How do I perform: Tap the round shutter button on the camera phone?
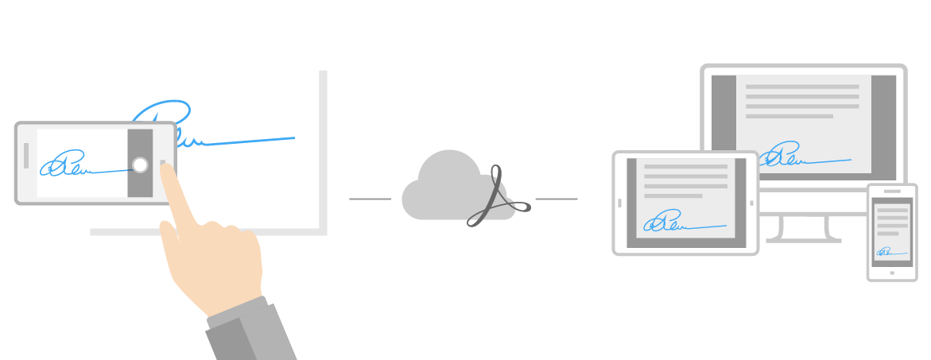click(x=140, y=165)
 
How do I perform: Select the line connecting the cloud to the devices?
click(x=557, y=199)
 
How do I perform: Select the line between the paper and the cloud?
click(x=370, y=199)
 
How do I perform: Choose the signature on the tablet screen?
click(x=672, y=223)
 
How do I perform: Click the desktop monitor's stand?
click(x=799, y=229)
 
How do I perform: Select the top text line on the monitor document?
click(x=801, y=87)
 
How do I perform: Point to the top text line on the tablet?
click(x=685, y=167)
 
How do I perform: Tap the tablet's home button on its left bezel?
click(x=619, y=203)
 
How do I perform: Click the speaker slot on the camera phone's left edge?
click(x=26, y=155)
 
